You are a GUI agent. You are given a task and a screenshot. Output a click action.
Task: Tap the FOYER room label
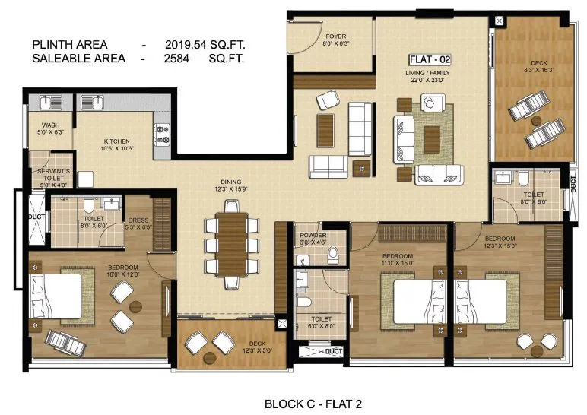[336, 36]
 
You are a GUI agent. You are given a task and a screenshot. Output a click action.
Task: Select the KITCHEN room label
[118, 141]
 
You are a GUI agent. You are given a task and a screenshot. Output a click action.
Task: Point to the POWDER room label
[313, 236]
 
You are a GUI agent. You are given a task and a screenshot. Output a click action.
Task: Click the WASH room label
[51, 125]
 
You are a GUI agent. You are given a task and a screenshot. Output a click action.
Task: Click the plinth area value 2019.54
[191, 45]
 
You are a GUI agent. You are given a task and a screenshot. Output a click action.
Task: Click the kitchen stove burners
[162, 135]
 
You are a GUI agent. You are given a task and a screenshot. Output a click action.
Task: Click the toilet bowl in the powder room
[332, 256]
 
